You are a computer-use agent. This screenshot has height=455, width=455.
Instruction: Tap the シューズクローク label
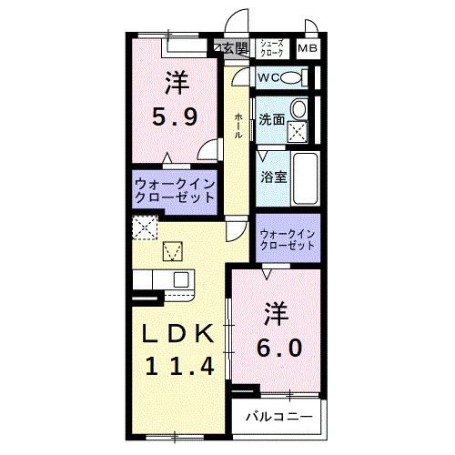(272, 48)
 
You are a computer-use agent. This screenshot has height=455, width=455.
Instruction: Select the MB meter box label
(307, 48)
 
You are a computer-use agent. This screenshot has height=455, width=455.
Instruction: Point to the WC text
(268, 77)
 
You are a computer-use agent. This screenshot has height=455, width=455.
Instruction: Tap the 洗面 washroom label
(271, 119)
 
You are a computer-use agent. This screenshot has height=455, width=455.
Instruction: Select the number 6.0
(277, 348)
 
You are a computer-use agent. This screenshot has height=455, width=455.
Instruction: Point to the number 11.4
(178, 366)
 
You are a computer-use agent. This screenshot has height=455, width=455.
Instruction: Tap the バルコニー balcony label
(279, 418)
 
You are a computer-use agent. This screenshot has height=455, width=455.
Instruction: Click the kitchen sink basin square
(180, 278)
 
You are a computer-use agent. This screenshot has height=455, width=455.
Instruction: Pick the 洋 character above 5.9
(177, 84)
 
